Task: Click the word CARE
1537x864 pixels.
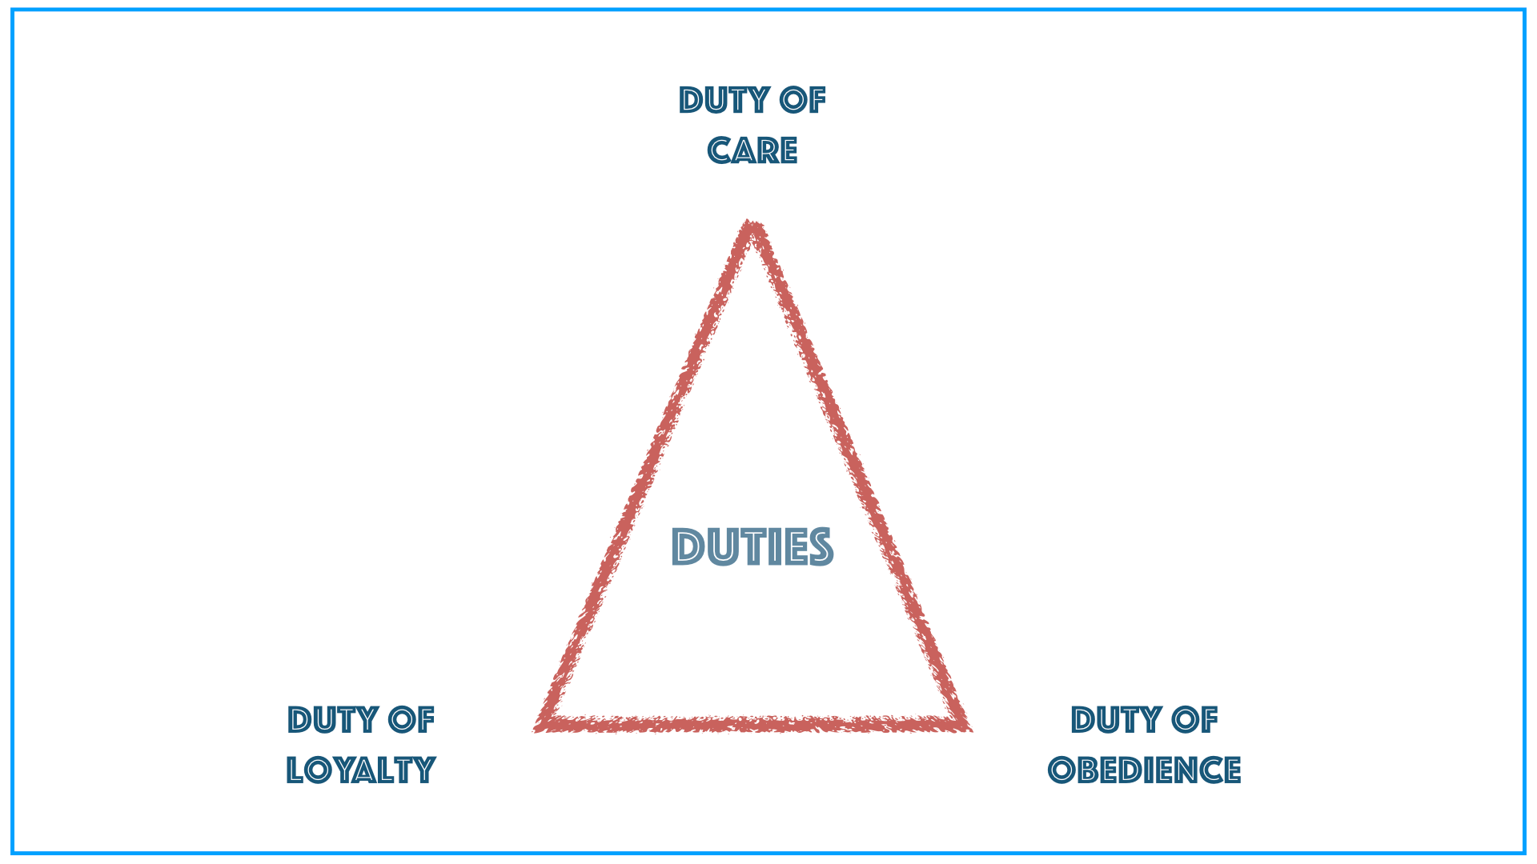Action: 752,150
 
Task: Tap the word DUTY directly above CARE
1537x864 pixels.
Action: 724,101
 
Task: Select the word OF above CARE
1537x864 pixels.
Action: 803,101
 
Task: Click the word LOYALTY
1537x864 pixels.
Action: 360,770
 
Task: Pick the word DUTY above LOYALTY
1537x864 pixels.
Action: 332,720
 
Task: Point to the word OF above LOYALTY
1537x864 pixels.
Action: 411,720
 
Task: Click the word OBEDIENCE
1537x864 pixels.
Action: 1144,770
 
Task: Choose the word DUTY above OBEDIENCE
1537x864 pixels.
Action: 1116,720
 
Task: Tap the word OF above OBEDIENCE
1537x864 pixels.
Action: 1194,720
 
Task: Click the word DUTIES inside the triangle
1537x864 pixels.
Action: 752,548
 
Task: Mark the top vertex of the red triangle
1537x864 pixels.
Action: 751,226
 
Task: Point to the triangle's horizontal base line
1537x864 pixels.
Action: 752,724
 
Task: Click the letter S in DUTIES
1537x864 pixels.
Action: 819,548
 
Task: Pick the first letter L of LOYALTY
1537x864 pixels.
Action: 296,770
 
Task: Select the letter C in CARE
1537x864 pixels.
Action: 720,150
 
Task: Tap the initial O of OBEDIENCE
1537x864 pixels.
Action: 1061,770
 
